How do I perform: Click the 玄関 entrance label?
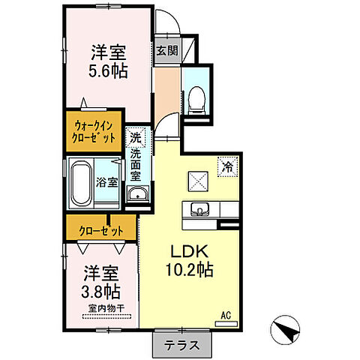166,52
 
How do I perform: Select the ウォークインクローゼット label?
94,130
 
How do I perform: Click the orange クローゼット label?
100,226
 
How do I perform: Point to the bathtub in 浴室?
81,183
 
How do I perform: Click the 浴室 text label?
107,181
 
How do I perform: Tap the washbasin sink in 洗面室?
136,195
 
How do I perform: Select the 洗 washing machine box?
135,138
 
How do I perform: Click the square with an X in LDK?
198,180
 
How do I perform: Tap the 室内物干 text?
100,307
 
